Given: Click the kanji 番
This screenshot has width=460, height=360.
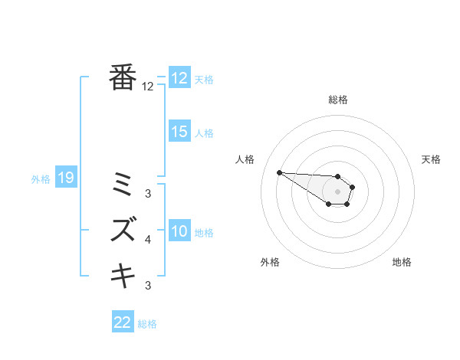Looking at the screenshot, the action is [123, 78].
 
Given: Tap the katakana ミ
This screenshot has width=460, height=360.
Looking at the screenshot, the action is [123, 184].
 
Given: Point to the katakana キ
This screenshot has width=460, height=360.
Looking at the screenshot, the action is [123, 274].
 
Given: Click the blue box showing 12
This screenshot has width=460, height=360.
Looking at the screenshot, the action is [179, 78].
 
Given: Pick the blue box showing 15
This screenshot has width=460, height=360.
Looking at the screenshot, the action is [179, 132].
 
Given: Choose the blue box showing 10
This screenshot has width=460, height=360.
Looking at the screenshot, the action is [179, 231].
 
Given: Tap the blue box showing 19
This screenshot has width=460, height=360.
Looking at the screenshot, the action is [66, 178].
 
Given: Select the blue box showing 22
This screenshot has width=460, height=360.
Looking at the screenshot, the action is [123, 322].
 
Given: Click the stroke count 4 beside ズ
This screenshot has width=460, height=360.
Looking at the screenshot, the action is [148, 240].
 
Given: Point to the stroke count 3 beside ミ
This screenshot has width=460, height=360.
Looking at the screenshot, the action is [148, 194].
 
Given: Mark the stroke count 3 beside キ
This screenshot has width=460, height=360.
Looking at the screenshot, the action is [148, 286].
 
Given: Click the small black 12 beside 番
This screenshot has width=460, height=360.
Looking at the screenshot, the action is [148, 87].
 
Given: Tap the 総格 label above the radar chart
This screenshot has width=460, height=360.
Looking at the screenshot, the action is [338, 100].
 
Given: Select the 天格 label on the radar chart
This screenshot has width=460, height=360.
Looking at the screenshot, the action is [431, 159].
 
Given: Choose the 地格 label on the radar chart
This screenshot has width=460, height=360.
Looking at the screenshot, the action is [402, 262].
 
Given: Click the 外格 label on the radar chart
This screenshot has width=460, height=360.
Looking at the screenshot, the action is [270, 262].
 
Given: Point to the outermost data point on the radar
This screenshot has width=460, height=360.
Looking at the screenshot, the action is [279, 172].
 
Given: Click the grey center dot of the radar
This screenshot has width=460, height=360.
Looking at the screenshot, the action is [338, 191].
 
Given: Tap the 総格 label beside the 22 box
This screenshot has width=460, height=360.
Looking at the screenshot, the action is [147, 324].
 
